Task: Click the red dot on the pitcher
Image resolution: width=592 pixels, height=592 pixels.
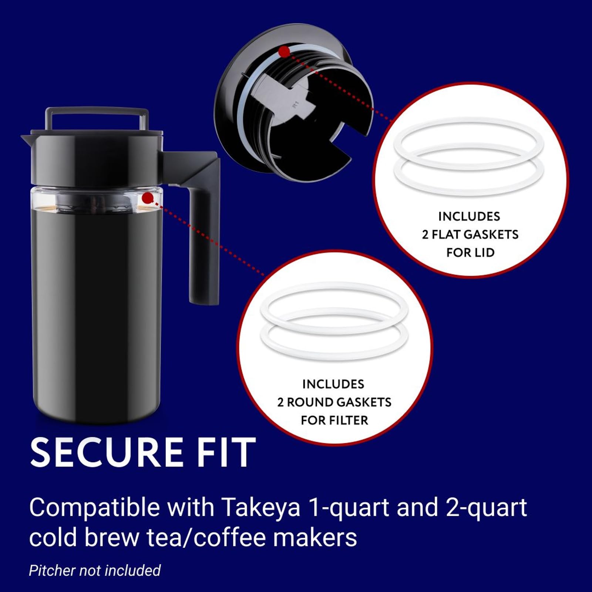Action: [x=148, y=198]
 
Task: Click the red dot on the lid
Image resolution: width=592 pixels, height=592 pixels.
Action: [x=285, y=52]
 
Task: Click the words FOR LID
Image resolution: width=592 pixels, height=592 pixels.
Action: [x=470, y=253]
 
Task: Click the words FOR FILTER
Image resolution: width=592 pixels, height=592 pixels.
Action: [x=334, y=420]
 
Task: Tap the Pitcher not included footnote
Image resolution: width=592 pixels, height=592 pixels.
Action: [x=95, y=570]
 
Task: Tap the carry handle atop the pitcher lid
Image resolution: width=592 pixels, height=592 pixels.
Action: [x=97, y=118]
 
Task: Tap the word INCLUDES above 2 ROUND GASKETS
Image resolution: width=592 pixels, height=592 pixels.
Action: [x=333, y=384]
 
